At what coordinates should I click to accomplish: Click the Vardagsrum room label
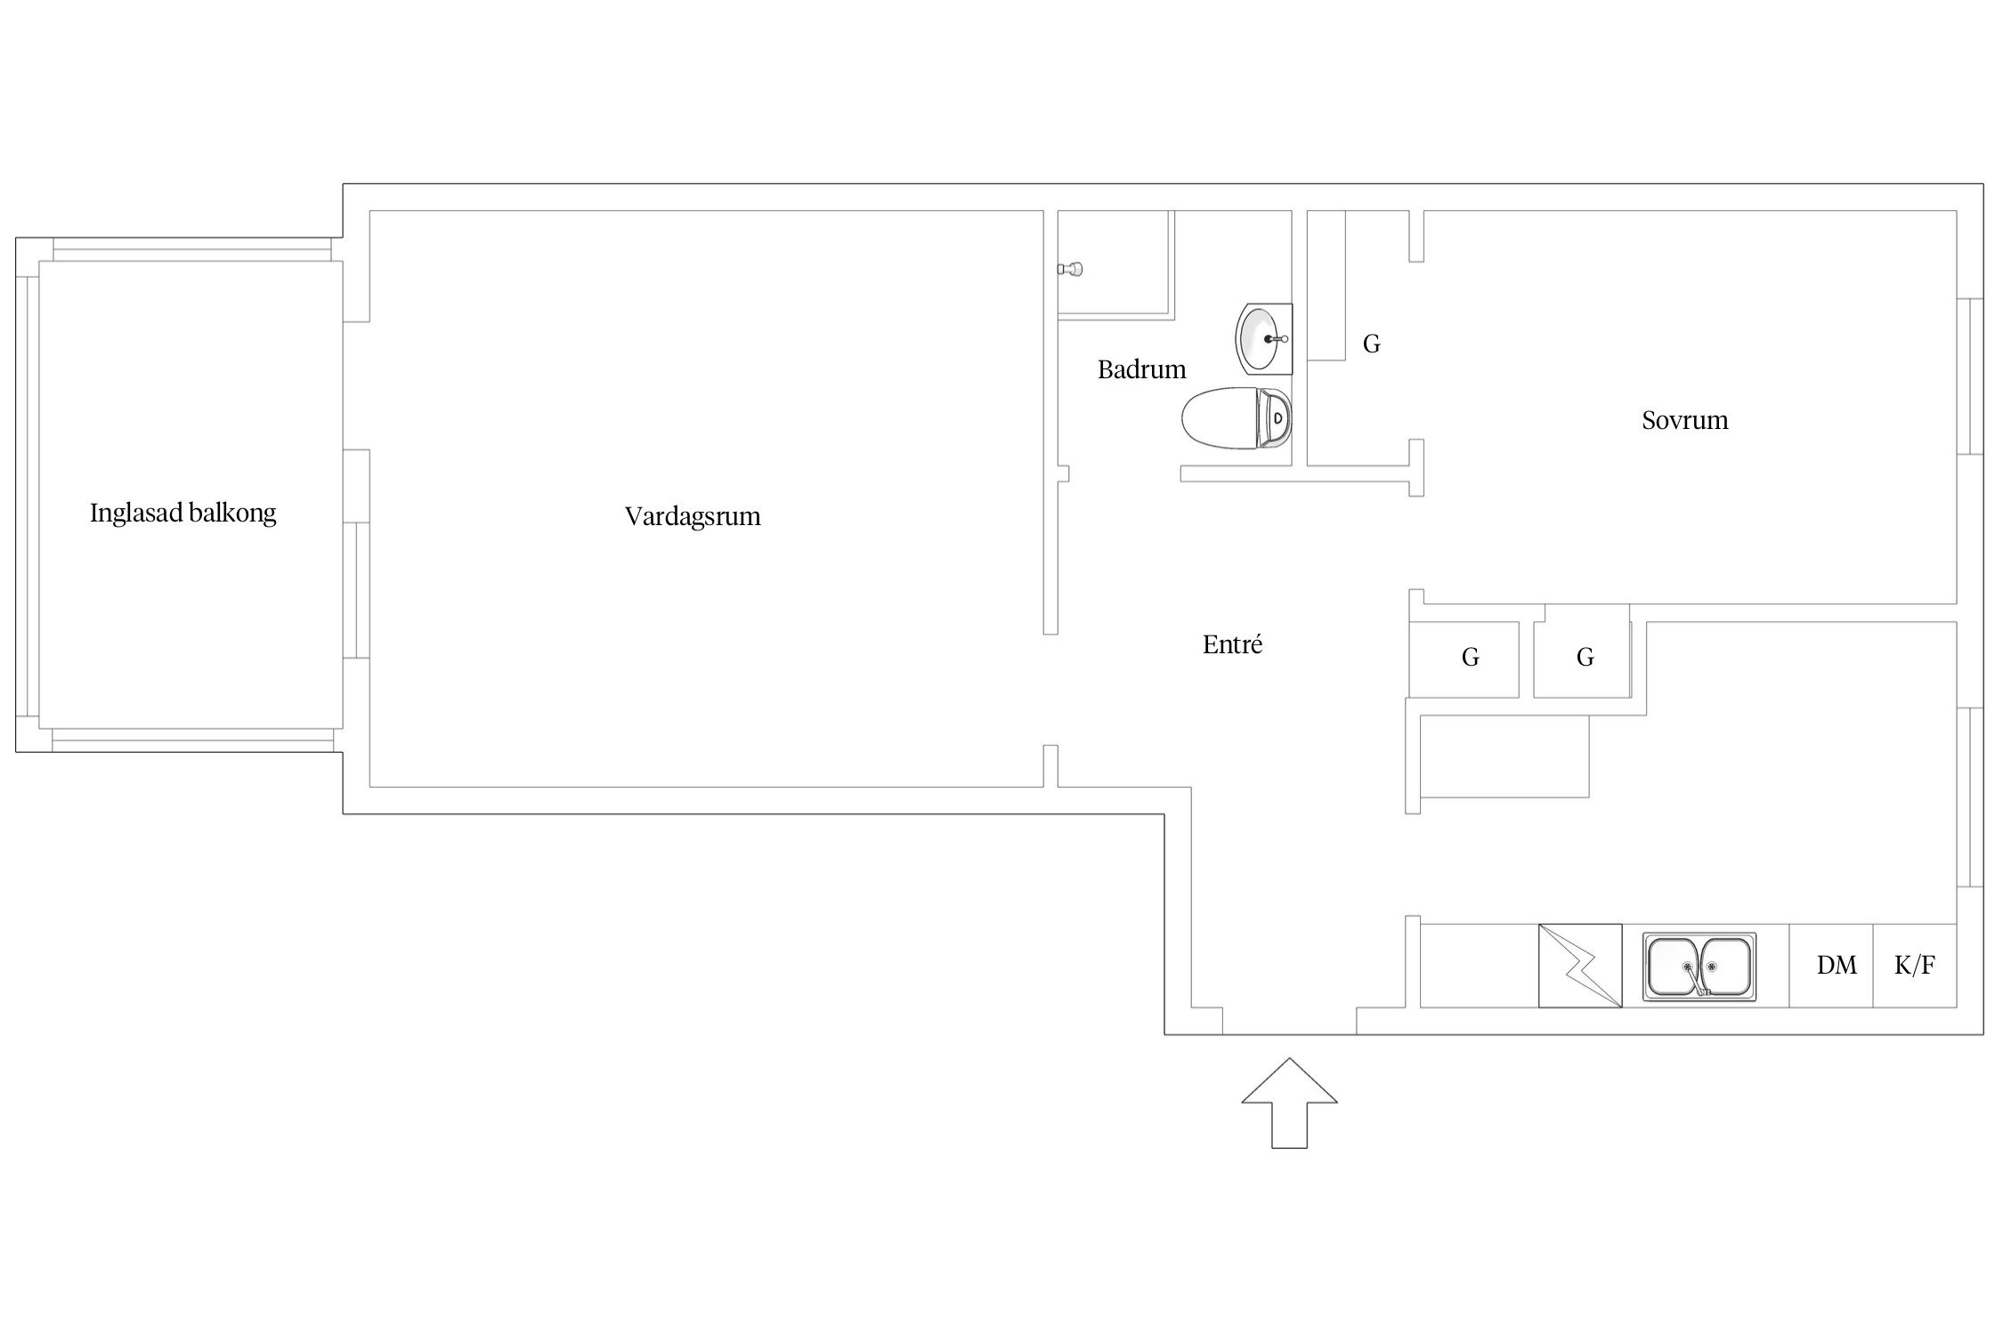point(693,517)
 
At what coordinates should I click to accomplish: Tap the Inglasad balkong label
point(183,514)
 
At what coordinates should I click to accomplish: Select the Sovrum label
point(1685,420)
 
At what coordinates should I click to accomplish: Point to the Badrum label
point(1141,369)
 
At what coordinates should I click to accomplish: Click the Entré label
point(1232,644)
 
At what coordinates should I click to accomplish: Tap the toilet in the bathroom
point(1237,417)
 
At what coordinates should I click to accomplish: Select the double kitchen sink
point(1699,966)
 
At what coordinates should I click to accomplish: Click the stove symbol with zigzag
point(1580,966)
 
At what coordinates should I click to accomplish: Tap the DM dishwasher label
point(1837,966)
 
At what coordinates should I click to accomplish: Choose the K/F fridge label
point(1914,966)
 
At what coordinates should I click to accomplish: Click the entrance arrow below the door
point(1289,1103)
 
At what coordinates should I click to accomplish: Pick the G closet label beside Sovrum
point(1371,344)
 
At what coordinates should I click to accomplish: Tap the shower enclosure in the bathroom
point(1116,264)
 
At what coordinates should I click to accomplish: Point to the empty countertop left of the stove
point(1479,966)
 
